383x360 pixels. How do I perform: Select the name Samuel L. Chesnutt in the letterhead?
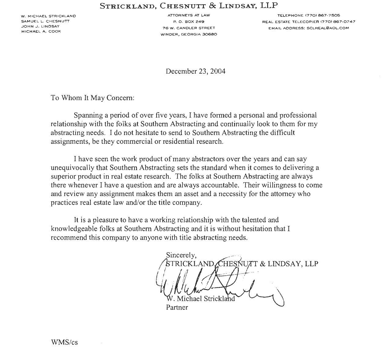[x=45, y=21]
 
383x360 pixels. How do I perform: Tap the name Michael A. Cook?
[x=41, y=31]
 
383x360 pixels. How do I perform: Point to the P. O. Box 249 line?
[x=189, y=21]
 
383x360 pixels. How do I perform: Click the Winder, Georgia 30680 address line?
[x=189, y=34]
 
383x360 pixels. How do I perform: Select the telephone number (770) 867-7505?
[x=308, y=15]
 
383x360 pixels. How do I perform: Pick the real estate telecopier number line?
[x=308, y=22]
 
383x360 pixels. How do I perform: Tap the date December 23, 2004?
[x=195, y=71]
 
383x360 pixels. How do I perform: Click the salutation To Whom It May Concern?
[x=92, y=98]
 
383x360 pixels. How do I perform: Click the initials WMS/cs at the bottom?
[x=64, y=342]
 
